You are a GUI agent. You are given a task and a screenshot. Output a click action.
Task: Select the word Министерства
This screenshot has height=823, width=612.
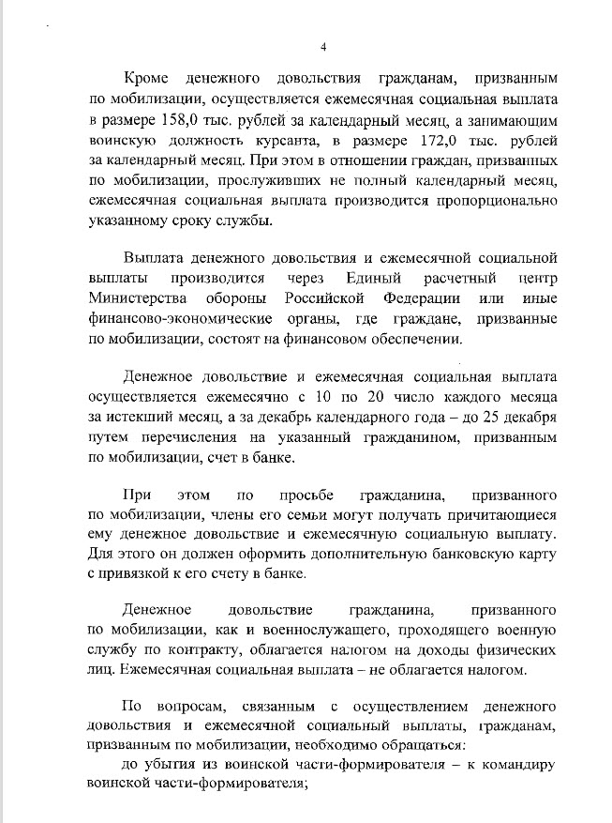click(x=138, y=298)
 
